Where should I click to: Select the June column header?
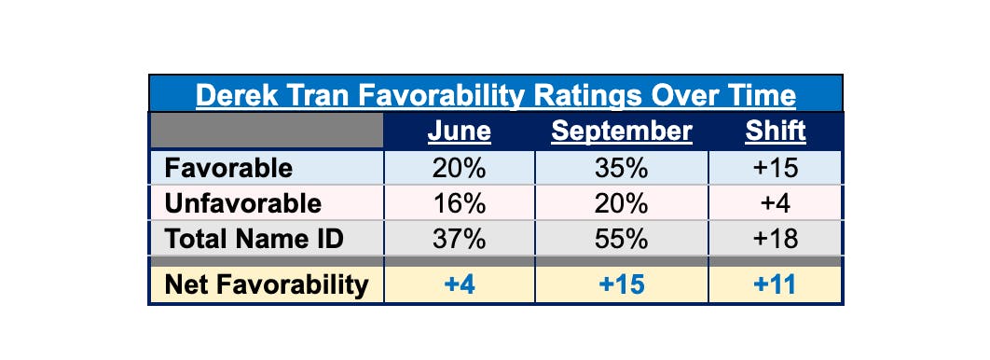(459, 132)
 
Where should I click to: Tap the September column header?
(622, 132)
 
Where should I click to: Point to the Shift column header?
(776, 132)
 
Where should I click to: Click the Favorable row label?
(228, 168)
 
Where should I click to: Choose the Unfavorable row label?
(242, 203)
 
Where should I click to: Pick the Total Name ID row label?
(254, 239)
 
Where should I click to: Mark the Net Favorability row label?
(266, 284)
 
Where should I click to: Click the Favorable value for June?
(459, 168)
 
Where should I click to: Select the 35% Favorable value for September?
(622, 168)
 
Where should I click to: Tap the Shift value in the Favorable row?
(776, 168)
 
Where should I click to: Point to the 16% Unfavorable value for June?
(459, 203)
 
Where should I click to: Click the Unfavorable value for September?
(622, 203)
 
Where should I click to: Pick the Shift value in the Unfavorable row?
(776, 203)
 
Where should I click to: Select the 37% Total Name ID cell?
(459, 239)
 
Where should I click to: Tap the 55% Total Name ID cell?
(622, 239)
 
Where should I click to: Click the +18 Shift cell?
(776, 239)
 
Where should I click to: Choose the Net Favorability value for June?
(459, 284)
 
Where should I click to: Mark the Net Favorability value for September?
(622, 284)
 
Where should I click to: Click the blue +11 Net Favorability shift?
(776, 284)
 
